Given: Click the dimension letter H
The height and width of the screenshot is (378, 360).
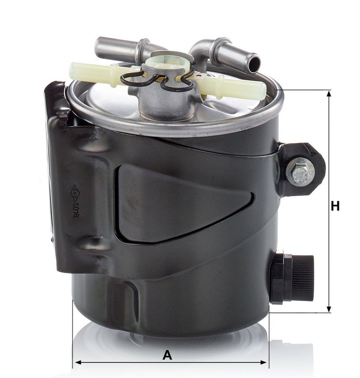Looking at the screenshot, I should [x=335, y=206].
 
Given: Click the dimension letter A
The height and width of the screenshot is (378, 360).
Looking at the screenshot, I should [x=167, y=355].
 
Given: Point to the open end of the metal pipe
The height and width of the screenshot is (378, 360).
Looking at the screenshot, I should [x=254, y=63].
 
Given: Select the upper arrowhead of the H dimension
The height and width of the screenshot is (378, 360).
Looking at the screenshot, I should [x=329, y=94].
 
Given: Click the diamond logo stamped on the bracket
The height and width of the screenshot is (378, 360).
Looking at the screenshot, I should [x=74, y=190].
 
